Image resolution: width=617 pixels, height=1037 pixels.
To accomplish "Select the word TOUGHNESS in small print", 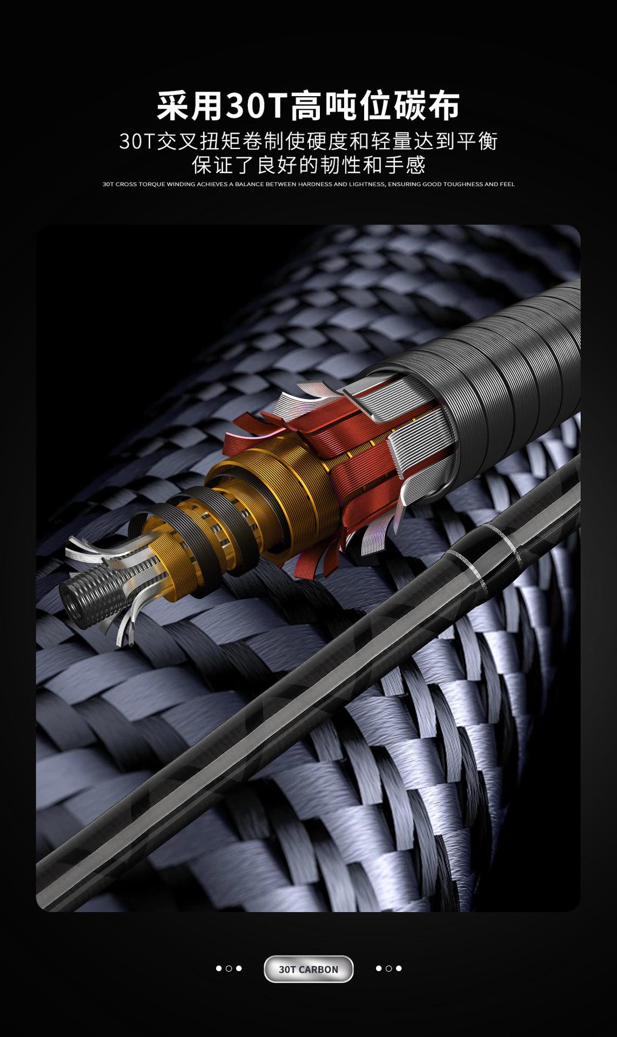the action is (x=465, y=184).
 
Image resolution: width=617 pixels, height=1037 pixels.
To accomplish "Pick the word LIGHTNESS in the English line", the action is (x=367, y=184).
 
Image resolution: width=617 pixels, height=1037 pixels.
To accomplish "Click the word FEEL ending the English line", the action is (x=507, y=184).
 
